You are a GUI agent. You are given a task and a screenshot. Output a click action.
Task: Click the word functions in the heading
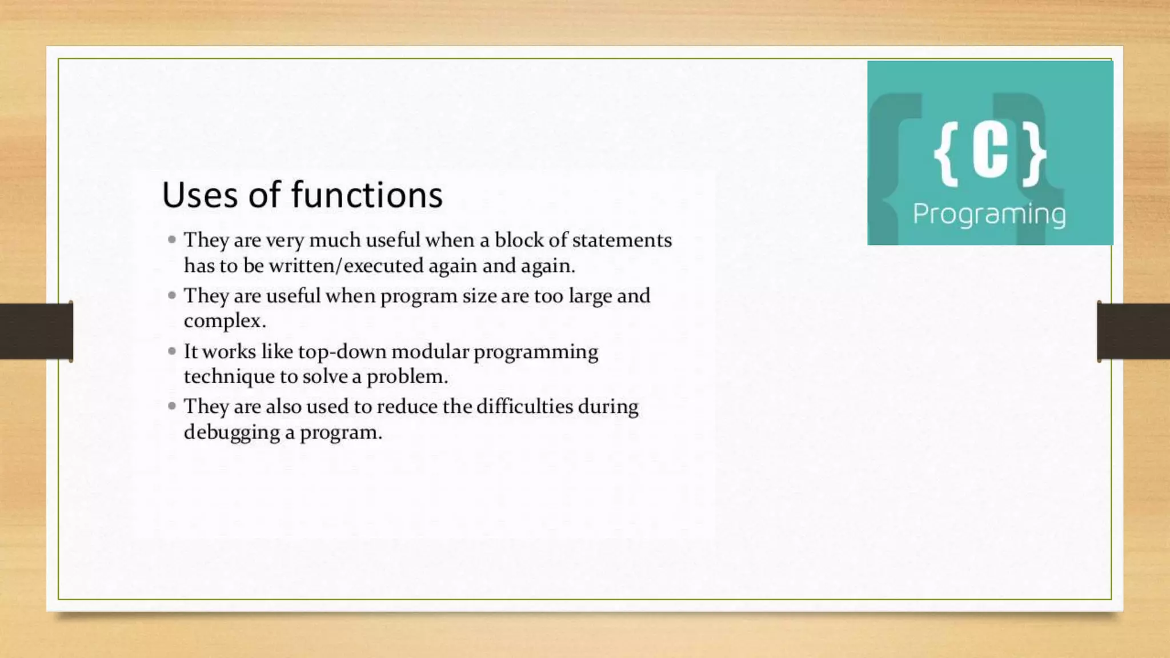click(x=367, y=195)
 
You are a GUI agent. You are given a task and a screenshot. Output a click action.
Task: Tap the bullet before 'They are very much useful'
click(x=172, y=240)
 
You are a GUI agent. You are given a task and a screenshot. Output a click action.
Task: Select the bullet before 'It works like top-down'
click(x=172, y=351)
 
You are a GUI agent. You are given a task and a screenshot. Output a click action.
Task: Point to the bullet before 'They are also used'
click(x=172, y=406)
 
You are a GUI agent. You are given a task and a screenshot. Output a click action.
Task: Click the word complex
click(x=225, y=321)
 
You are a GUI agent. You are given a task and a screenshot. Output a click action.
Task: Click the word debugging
click(x=231, y=432)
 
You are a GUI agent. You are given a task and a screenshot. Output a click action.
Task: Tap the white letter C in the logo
click(x=989, y=153)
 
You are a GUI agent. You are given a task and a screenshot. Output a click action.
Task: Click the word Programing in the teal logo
click(x=989, y=215)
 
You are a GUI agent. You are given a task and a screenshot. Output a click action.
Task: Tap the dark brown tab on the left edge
click(x=36, y=331)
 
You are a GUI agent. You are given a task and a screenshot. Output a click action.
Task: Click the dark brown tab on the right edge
click(x=1133, y=331)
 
